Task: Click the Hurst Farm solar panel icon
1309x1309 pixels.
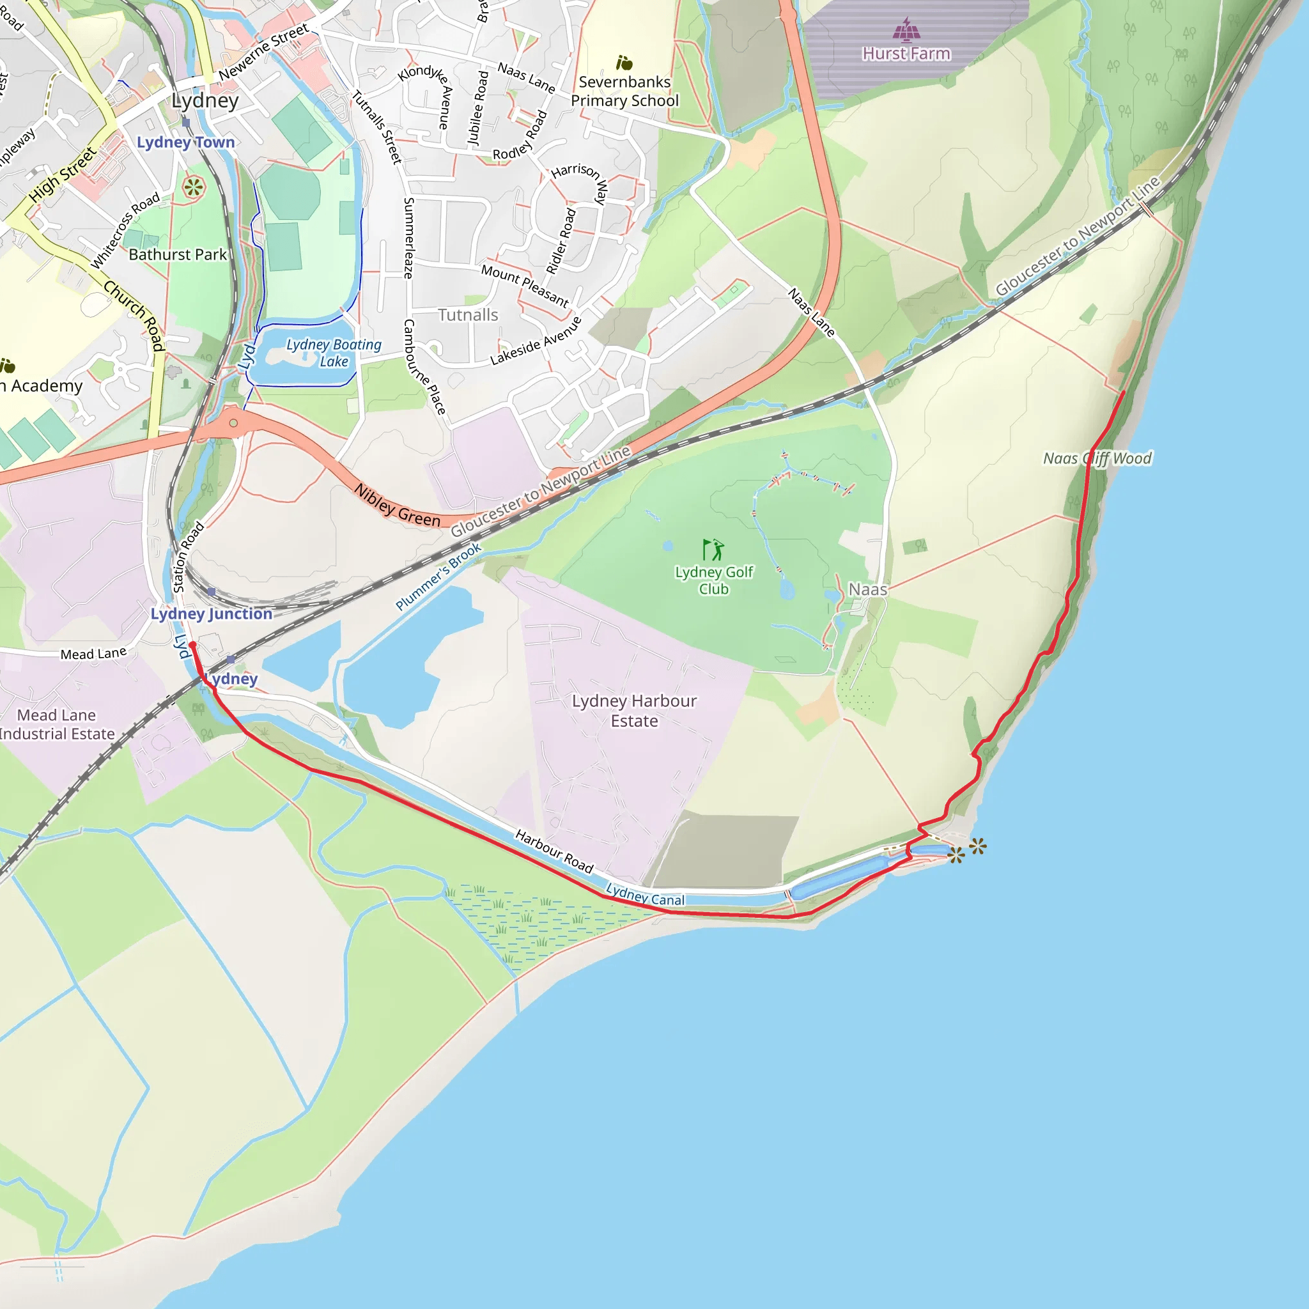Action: tap(906, 29)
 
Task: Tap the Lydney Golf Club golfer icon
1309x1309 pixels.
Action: tap(713, 550)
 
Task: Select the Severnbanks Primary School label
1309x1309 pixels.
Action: tap(624, 91)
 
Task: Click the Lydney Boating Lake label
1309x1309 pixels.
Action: tap(334, 353)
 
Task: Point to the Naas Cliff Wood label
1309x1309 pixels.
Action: tap(1097, 459)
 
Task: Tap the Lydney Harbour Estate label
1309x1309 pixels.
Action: tap(633, 711)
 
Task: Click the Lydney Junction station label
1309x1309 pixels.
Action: tap(211, 614)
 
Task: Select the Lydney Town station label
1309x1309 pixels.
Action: tap(185, 143)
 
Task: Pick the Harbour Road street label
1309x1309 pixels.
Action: tap(554, 851)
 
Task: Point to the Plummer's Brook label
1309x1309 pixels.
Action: tap(438, 577)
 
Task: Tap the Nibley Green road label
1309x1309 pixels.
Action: tap(397, 506)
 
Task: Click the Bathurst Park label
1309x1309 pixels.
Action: tap(178, 255)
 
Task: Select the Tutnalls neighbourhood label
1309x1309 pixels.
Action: tap(467, 315)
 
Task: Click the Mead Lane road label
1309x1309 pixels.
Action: tap(93, 654)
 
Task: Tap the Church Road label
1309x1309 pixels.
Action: tap(134, 316)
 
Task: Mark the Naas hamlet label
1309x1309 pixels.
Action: tap(867, 589)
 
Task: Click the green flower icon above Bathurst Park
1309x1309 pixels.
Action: tap(193, 187)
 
